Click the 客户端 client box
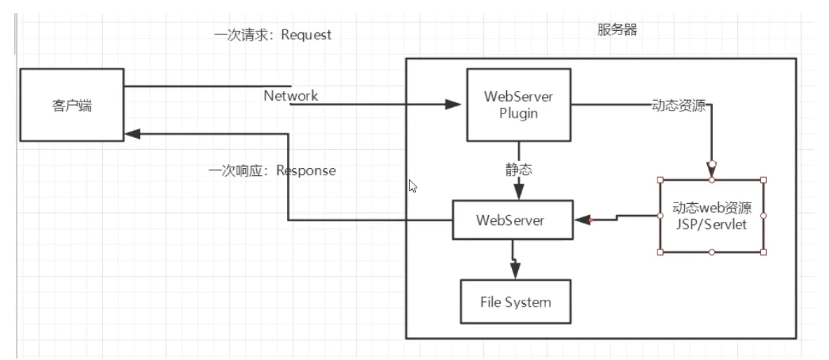[x=71, y=104]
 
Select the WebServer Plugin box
[x=519, y=104]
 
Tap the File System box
[x=515, y=302]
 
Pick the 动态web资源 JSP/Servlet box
[x=711, y=216]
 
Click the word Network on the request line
[x=291, y=96]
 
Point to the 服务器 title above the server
[x=617, y=29]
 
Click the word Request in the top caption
[x=306, y=35]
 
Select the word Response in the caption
[x=306, y=170]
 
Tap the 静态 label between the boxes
[x=519, y=170]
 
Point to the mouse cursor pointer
[x=413, y=186]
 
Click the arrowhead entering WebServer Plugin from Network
[x=454, y=105]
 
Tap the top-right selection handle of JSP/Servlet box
[x=763, y=180]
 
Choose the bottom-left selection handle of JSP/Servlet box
[x=660, y=251]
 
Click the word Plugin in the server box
[x=519, y=113]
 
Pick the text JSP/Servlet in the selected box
[x=711, y=225]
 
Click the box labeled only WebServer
[x=511, y=219]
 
